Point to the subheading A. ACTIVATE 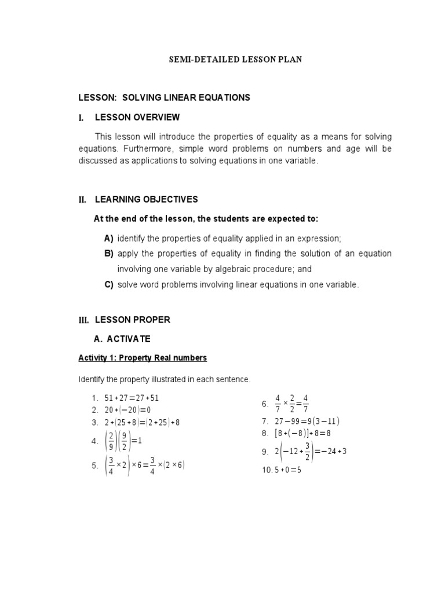click(122, 339)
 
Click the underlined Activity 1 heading click(143, 358)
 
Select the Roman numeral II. click(82, 200)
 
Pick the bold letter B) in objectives click(109, 254)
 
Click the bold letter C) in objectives click(109, 284)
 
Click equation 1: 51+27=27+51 click(132, 398)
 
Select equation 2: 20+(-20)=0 click(129, 410)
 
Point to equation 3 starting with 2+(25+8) click(143, 422)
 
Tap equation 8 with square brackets click(304, 433)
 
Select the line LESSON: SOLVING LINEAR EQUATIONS click(165, 97)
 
